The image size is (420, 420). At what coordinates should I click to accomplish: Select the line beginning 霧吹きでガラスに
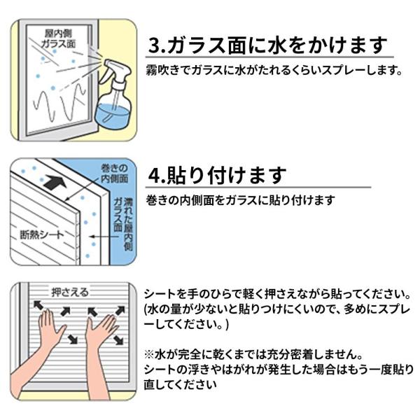(274, 71)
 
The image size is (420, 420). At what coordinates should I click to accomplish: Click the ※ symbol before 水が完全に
(147, 354)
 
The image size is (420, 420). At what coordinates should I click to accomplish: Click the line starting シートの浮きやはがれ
(276, 369)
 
